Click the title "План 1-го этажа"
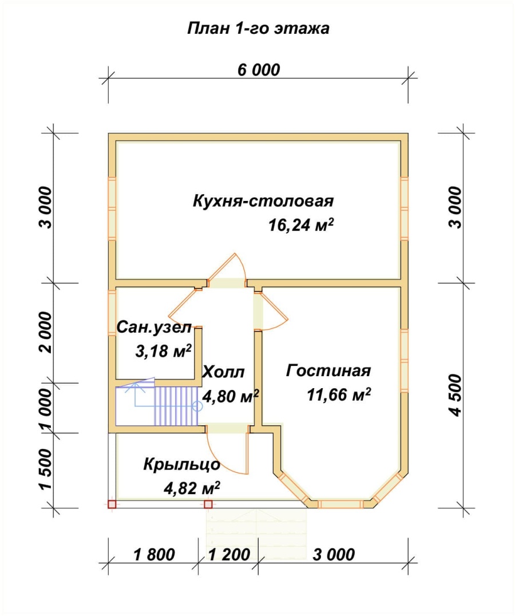click(x=258, y=29)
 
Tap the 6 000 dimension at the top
click(x=259, y=69)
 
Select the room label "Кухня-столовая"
click(x=263, y=201)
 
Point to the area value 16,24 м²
click(x=301, y=225)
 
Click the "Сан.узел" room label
click(x=154, y=327)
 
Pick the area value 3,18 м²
click(x=163, y=351)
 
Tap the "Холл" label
click(x=223, y=372)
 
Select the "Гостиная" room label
click(x=328, y=370)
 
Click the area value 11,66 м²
click(x=339, y=394)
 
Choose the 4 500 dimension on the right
click(x=455, y=395)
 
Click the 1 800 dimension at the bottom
click(x=154, y=555)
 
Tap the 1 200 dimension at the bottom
click(x=229, y=555)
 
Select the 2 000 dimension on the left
click(x=46, y=333)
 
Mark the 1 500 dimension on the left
click(x=46, y=469)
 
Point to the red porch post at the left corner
click(x=112, y=504)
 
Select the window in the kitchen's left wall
click(x=112, y=208)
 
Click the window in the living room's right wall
click(x=405, y=361)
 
